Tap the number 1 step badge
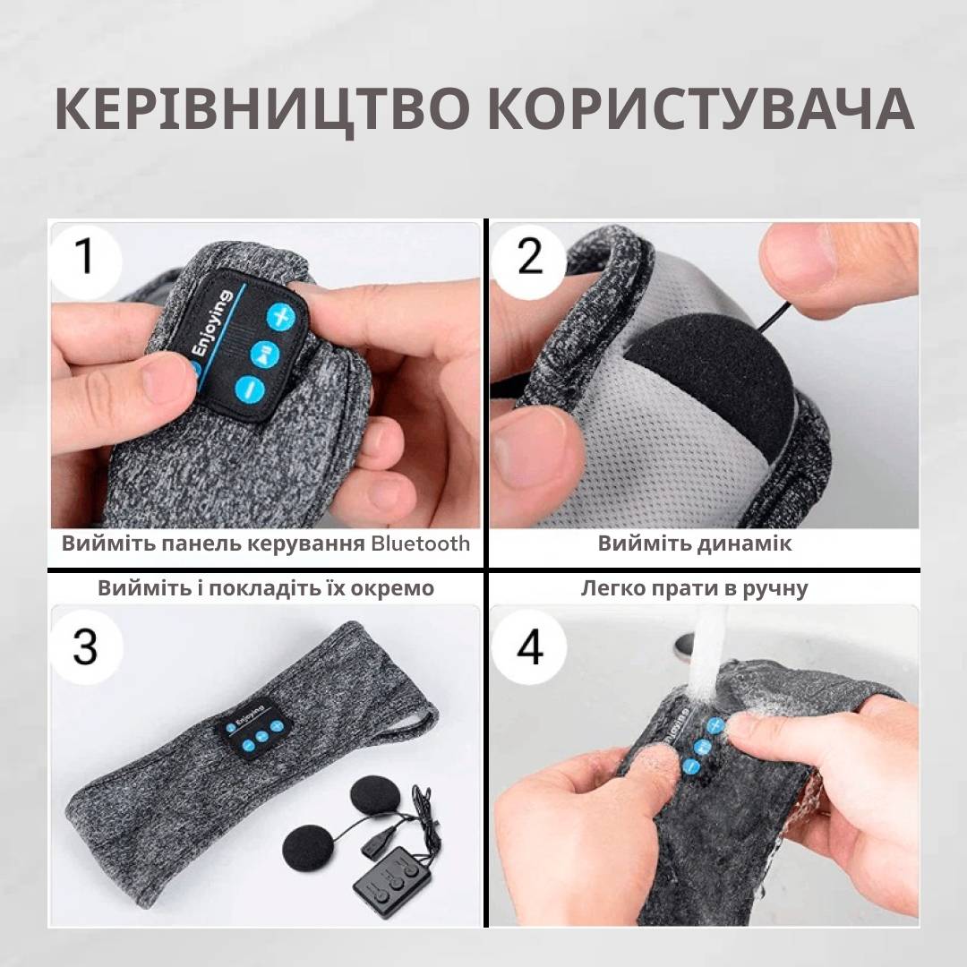[85, 256]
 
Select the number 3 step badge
[85, 645]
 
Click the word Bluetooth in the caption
[420, 543]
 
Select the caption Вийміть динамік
[695, 543]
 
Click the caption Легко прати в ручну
[695, 588]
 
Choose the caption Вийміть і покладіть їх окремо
[266, 588]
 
